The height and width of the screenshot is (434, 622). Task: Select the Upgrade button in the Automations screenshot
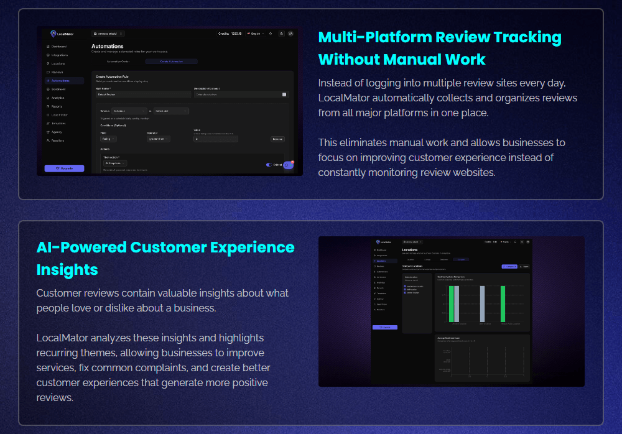[x=64, y=168]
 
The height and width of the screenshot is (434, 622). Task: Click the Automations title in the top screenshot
[x=108, y=46]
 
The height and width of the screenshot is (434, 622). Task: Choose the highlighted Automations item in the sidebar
[x=60, y=81]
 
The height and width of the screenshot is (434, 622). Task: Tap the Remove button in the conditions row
[x=277, y=139]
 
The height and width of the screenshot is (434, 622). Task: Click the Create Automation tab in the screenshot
[x=171, y=62]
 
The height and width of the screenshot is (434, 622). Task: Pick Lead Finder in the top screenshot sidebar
[x=60, y=115]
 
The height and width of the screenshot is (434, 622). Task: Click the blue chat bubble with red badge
[x=288, y=165]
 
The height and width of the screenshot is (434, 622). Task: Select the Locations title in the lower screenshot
[x=410, y=249]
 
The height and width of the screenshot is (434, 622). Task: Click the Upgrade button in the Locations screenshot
[x=384, y=327]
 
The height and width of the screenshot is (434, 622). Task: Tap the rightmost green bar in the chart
[x=503, y=303]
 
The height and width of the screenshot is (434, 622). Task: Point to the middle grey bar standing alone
[x=482, y=303]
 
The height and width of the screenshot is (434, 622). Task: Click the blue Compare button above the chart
[x=509, y=266]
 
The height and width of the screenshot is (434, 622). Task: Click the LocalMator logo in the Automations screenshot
[x=61, y=34]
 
